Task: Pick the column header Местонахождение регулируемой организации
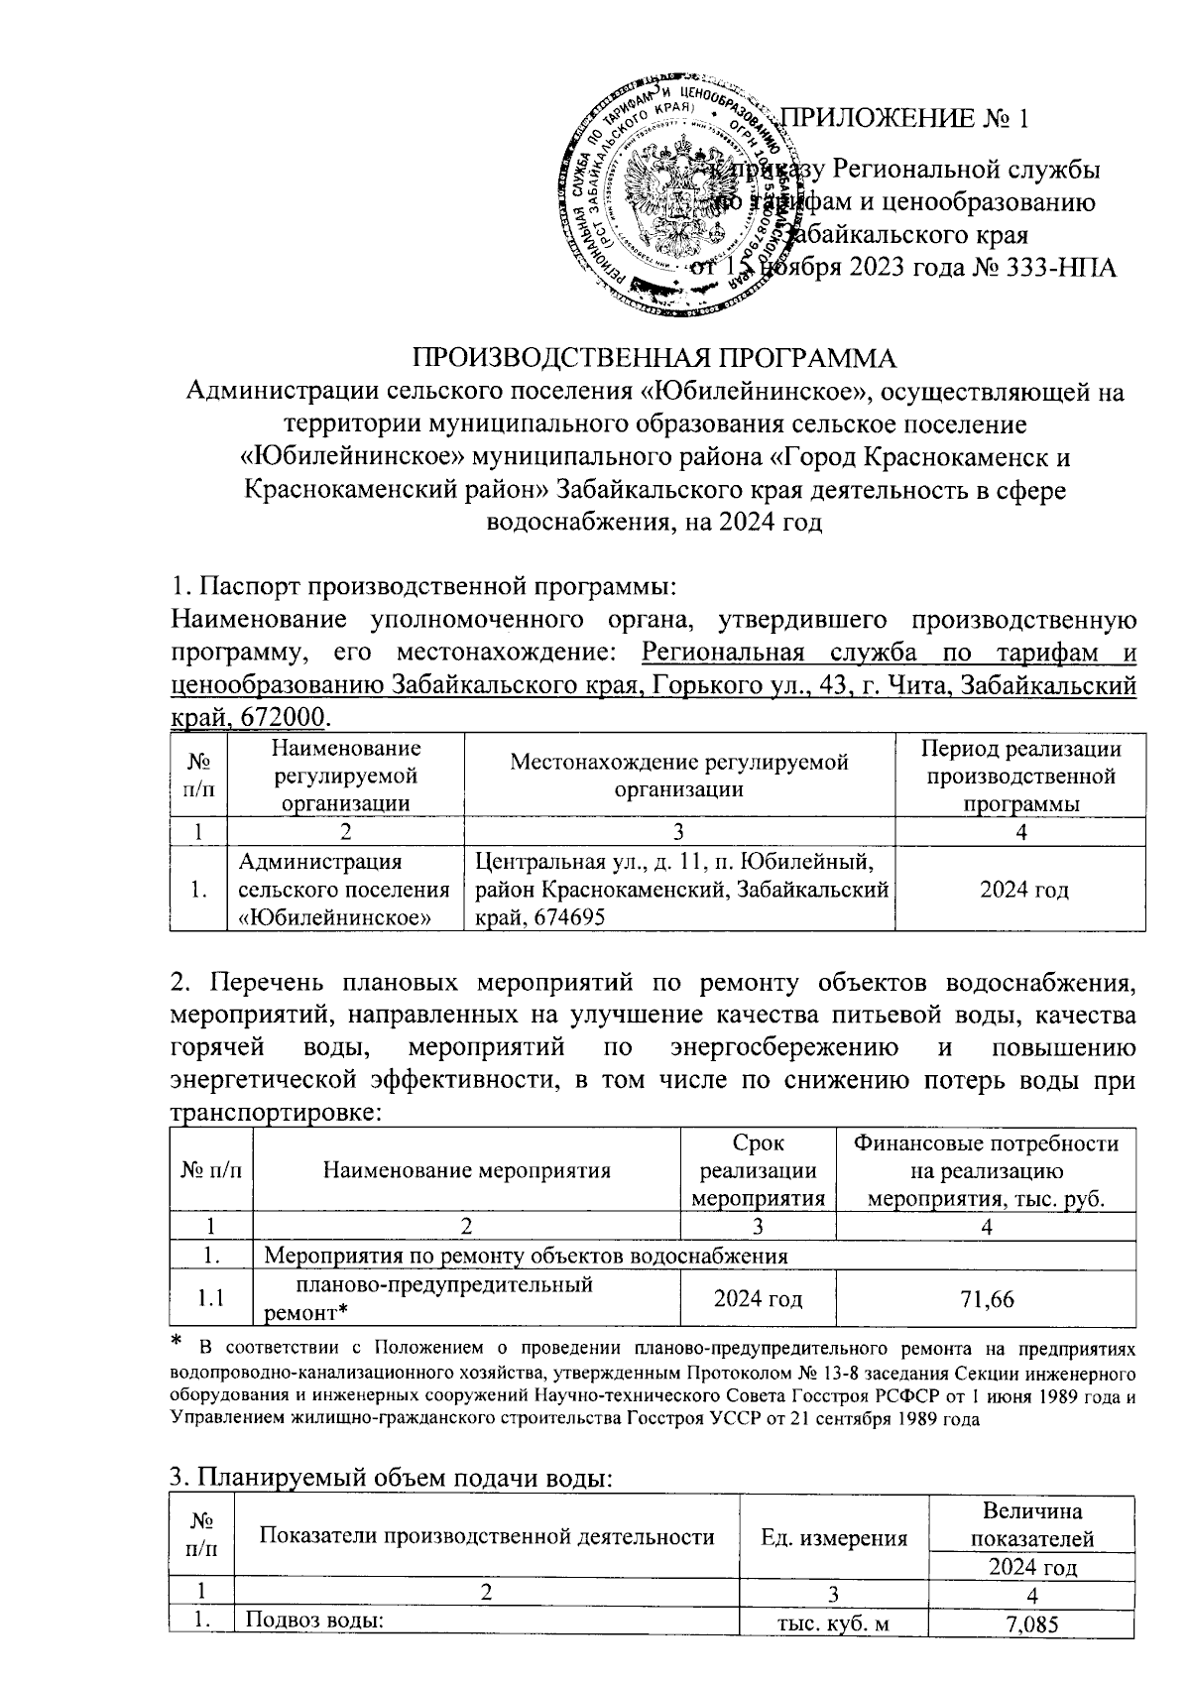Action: (679, 776)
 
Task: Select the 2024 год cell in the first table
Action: (1023, 890)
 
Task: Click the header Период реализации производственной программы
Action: (1021, 776)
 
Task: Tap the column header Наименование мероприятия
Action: (466, 1170)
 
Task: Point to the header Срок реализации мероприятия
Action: (759, 1170)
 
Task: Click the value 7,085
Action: (1031, 1652)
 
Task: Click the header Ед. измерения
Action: (834, 1538)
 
